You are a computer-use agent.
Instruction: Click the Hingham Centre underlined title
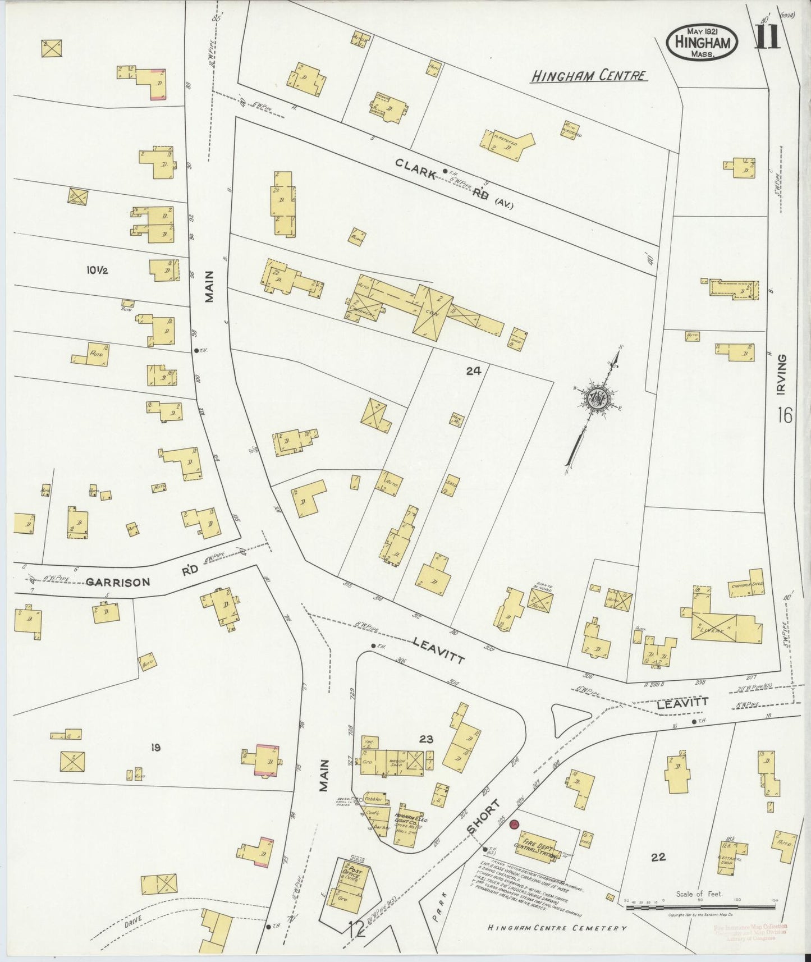589,76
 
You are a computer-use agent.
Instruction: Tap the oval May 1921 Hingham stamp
702,43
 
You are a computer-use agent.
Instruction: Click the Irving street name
783,374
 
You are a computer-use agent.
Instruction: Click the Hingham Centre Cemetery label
557,928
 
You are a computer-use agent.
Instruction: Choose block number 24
473,370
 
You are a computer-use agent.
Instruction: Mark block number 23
426,739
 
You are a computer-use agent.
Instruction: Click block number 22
658,857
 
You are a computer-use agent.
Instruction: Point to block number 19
155,747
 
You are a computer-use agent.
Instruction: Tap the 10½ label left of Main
97,271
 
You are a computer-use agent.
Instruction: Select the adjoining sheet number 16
785,416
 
